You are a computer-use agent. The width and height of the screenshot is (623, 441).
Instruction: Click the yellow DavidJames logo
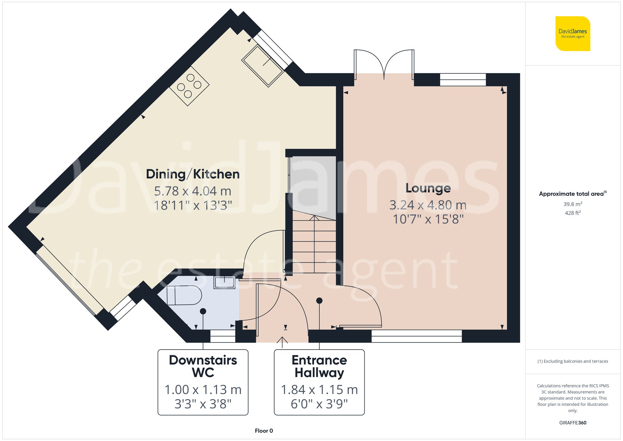[573, 34]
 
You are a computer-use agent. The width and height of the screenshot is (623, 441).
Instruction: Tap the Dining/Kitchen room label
[193, 174]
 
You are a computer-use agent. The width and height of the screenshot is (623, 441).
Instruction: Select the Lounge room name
[428, 188]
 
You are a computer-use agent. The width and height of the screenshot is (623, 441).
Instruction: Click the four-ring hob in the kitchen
[189, 86]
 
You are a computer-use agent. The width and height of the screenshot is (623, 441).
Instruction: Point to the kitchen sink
[263, 66]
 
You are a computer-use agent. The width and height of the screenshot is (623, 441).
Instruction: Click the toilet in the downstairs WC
[184, 295]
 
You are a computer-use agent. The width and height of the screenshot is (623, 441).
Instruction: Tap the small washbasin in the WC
[224, 282]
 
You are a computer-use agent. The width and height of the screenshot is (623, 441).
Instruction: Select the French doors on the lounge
[384, 64]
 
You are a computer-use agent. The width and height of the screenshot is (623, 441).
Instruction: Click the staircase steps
[314, 246]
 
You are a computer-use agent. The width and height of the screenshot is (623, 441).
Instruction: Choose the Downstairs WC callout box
[203, 382]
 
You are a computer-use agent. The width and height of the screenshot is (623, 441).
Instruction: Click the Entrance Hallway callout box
[319, 382]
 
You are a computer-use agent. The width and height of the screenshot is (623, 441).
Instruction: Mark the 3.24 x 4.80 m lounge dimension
[428, 205]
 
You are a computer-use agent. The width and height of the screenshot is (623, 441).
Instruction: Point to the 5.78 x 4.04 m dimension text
[193, 191]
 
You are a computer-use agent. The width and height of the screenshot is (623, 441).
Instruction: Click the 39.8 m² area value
[573, 204]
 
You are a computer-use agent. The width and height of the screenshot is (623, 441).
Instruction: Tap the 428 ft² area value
[573, 213]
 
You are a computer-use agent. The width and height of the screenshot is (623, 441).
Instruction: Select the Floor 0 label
[264, 431]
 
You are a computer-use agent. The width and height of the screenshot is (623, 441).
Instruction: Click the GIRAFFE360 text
[573, 423]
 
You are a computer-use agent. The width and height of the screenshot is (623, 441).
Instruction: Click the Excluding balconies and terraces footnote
[573, 361]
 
